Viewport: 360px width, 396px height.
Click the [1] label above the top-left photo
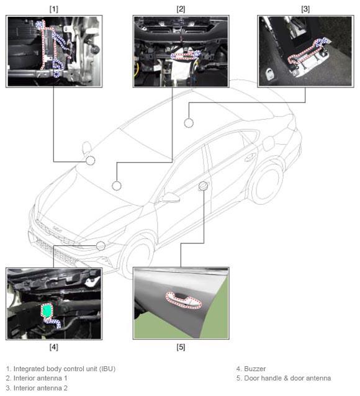click(53, 9)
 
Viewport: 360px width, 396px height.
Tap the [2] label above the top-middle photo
click(181, 9)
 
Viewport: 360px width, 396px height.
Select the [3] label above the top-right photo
click(305, 9)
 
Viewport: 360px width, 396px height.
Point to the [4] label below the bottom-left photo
click(53, 347)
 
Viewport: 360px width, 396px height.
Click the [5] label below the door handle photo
click(181, 347)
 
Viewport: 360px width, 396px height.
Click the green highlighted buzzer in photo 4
click(46, 310)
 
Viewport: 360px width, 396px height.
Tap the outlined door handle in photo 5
click(183, 300)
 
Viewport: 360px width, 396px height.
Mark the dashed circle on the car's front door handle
click(203, 186)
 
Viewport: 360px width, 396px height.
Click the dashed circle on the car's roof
click(189, 123)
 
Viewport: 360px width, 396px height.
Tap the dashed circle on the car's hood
click(117, 186)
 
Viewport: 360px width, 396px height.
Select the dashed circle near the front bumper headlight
click(101, 246)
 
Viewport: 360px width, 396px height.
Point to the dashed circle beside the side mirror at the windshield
click(90, 160)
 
